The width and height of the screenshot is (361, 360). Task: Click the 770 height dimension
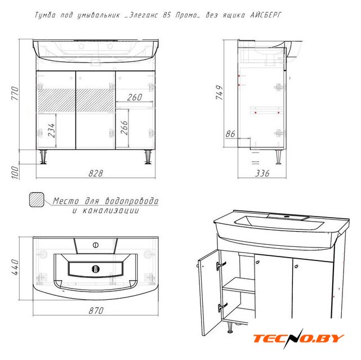[x=15, y=93]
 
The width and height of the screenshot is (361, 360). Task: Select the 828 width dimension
[x=96, y=173]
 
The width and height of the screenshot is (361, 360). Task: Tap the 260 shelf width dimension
[x=135, y=97]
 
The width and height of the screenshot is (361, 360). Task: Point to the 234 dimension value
[x=52, y=130]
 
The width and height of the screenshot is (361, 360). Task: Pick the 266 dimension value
[x=124, y=127]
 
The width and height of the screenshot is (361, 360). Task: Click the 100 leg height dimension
[x=15, y=172]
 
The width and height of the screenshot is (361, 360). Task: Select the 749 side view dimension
[x=220, y=92]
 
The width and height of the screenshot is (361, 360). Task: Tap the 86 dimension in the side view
[x=230, y=133]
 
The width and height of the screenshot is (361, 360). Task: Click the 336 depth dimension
[x=262, y=173]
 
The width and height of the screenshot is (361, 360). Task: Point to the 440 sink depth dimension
[x=15, y=267]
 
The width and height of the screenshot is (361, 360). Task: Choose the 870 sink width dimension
[x=96, y=311]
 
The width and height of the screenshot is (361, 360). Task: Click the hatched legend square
[x=37, y=200]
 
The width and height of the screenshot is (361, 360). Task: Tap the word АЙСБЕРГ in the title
[x=266, y=15]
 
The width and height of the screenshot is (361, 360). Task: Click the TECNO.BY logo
[x=298, y=339]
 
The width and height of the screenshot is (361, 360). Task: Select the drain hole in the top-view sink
[x=96, y=269]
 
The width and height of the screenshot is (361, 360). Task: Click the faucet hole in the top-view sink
[x=96, y=245]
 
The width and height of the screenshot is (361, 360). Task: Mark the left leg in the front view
[x=43, y=157]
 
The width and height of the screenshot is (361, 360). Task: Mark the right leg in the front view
[x=148, y=157]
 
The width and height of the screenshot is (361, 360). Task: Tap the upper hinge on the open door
[x=221, y=265]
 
